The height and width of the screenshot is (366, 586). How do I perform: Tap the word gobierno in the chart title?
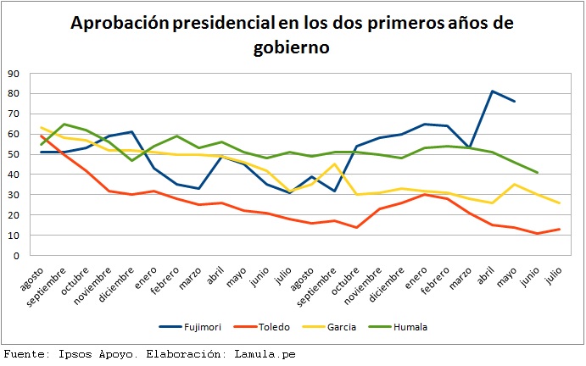291,49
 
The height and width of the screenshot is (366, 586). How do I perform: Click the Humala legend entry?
427,326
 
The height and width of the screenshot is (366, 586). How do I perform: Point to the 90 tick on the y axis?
14,74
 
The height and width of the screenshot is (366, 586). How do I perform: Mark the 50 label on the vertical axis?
14,154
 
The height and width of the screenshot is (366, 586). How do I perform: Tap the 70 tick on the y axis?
14,114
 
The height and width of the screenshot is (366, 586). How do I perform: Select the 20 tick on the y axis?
14,214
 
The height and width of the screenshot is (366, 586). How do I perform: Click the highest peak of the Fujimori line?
493,91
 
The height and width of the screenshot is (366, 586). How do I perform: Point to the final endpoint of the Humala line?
536,172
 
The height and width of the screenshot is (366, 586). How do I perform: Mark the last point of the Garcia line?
558,202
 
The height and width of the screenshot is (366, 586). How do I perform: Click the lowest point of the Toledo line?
536,233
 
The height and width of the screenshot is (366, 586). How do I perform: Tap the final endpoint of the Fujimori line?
515,102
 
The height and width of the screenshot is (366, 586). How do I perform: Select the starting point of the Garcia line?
42,128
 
